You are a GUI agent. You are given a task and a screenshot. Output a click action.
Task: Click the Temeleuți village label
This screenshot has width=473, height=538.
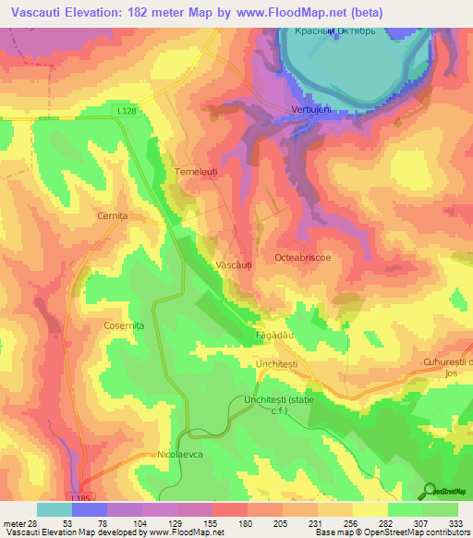pos(195,172)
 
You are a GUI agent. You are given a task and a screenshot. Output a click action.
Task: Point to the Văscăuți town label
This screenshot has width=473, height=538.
pos(234,264)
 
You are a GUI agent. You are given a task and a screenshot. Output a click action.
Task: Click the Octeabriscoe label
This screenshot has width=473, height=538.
pos(304,259)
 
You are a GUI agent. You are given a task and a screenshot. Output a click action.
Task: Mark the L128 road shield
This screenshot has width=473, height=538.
pos(127,110)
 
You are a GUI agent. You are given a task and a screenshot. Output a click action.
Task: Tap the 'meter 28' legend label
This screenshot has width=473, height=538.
pos(17,522)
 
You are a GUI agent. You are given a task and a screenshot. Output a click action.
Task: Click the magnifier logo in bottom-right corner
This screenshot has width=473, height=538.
pos(429,490)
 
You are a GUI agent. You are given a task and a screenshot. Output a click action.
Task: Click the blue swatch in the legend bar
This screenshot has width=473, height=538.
pos(90,509)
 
